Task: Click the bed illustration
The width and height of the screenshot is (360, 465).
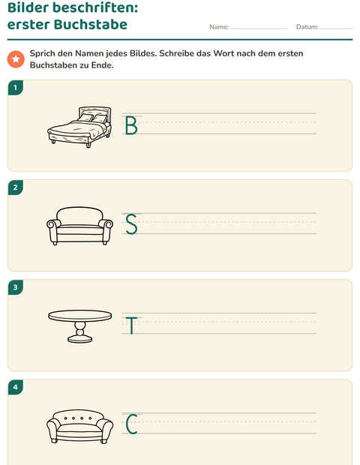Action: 79,127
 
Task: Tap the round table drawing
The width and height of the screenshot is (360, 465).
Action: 80,326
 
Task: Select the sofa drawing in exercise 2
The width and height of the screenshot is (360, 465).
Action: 79,226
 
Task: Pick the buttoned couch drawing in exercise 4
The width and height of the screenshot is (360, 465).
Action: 79,427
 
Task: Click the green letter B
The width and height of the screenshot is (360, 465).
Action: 131,125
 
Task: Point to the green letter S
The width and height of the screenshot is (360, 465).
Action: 131,224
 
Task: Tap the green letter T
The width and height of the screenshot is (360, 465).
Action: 131,325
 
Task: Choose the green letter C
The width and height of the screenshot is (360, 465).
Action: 131,424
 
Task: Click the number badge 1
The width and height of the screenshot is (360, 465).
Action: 16,88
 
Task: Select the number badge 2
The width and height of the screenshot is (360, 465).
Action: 16,187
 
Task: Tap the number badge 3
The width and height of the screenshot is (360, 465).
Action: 16,287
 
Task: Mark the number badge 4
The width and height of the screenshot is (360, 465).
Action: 16,387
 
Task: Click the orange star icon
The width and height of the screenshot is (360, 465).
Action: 16,59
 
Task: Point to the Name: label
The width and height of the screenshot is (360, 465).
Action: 219,27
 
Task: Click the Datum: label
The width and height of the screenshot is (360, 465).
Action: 307,27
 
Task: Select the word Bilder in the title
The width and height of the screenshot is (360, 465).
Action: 28,7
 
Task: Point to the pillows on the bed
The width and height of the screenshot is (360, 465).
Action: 92,118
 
